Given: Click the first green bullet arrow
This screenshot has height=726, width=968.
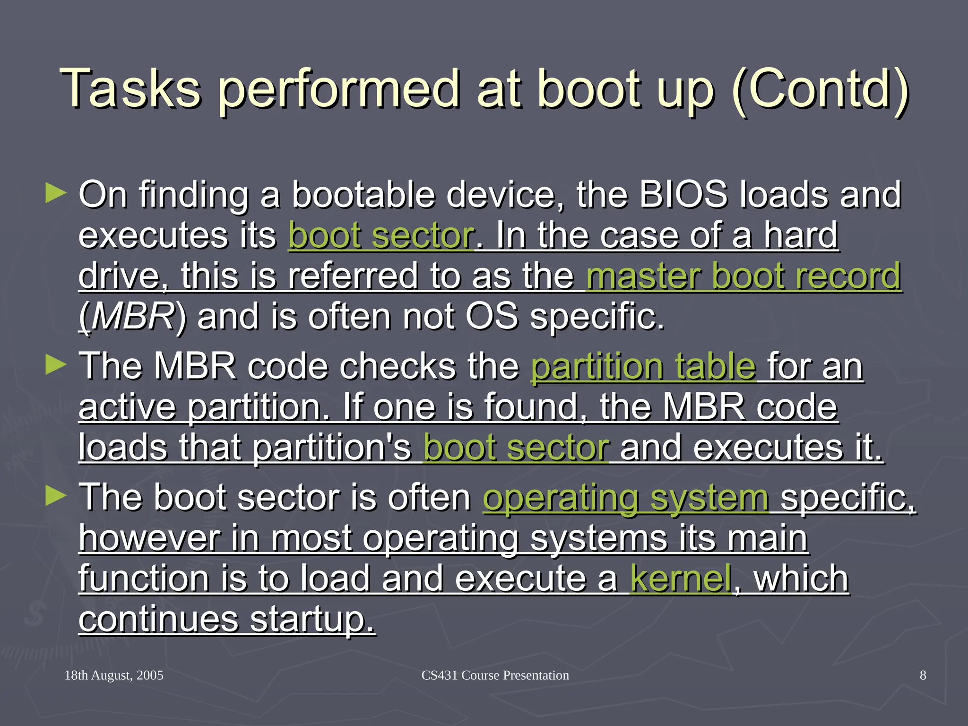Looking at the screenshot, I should (x=56, y=194).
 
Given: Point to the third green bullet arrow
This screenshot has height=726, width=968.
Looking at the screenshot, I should (x=56, y=496).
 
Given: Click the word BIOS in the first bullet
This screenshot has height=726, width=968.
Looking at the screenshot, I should (x=683, y=194).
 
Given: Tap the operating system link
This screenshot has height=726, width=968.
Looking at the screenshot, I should (x=625, y=497).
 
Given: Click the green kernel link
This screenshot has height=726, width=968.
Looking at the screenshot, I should (x=681, y=579).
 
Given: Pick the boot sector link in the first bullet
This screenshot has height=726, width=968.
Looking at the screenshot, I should (x=381, y=235).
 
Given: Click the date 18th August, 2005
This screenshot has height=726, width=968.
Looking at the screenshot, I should (x=114, y=675).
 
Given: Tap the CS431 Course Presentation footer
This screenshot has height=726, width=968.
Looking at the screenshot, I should (x=495, y=675).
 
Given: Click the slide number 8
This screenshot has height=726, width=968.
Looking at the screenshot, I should (x=923, y=675).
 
